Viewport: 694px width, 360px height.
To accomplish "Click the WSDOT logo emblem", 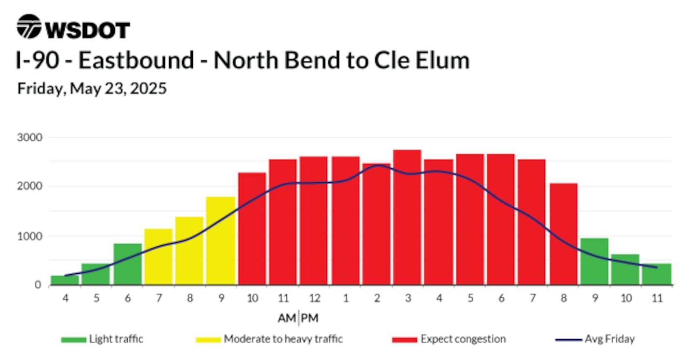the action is point(29,27).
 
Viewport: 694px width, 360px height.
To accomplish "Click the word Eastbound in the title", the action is point(136,60).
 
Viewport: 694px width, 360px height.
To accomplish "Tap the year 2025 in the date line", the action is point(148,89).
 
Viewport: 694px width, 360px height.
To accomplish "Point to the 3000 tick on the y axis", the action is point(30,137).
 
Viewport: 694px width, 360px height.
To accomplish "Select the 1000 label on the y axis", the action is point(30,236).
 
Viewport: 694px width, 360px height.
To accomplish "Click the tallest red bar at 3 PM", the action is point(407,217).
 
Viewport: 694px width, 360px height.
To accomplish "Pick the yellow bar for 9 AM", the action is point(221,241).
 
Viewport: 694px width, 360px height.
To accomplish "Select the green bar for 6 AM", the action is point(128,264).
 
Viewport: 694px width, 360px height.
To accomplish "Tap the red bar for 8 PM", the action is point(563,234).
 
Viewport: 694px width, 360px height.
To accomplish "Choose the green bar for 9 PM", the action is point(595,262).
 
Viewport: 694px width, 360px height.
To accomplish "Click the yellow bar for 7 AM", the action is point(158,257).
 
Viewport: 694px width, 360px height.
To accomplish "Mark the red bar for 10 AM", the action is point(252,228).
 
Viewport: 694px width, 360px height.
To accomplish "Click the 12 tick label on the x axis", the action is point(314,298).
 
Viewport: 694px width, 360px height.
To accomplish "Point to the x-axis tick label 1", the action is point(346,298).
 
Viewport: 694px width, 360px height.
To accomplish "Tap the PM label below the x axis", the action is point(310,318).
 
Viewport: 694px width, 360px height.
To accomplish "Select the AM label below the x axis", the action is point(287,318).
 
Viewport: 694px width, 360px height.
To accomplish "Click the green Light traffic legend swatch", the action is point(74,340).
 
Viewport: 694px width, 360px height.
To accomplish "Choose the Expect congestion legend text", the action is point(463,339).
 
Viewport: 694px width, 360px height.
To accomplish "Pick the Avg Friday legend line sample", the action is point(569,340).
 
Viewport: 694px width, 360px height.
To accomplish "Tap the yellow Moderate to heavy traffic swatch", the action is point(209,340).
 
